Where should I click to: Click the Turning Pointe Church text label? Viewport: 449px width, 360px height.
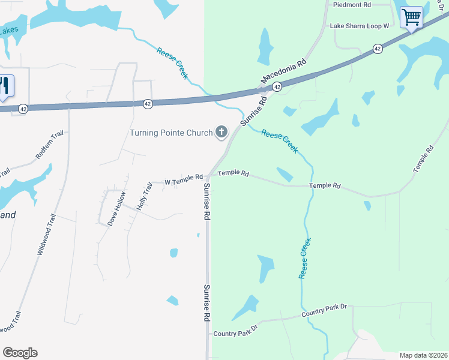(x=171, y=133)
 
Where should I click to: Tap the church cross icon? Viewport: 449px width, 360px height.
(x=221, y=132)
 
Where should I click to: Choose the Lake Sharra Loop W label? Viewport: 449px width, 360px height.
(x=360, y=26)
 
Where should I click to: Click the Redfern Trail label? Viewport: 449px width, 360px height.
(x=49, y=145)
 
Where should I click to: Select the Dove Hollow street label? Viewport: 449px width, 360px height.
(x=117, y=208)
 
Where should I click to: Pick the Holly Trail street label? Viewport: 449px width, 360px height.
(x=144, y=195)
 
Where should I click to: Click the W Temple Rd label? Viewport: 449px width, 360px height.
(x=184, y=178)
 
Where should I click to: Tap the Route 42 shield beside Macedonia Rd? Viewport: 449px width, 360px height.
(x=277, y=88)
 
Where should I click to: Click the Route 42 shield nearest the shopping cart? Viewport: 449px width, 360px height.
(x=377, y=49)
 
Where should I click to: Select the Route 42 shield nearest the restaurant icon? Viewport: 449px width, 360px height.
(x=23, y=109)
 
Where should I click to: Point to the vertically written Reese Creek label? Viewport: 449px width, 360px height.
(x=306, y=258)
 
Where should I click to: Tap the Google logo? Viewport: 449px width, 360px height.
(x=20, y=353)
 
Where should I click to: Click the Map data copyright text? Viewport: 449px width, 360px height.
(x=423, y=355)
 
